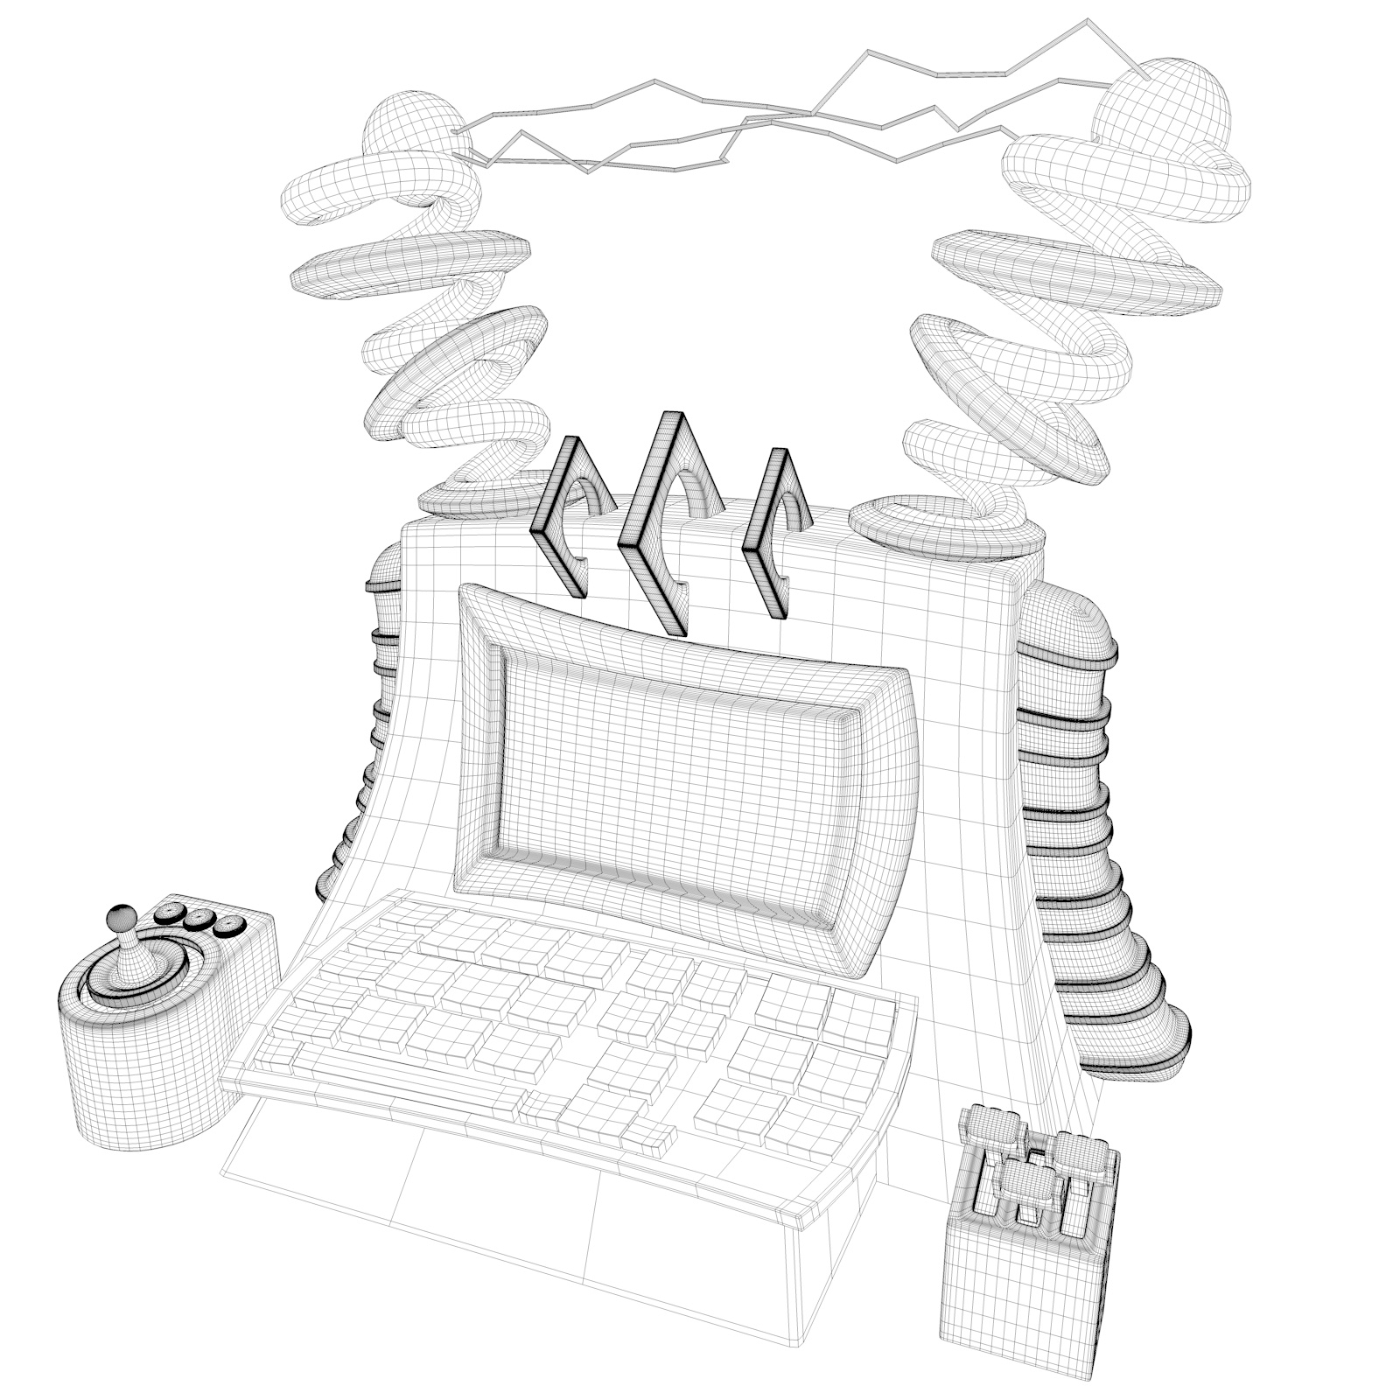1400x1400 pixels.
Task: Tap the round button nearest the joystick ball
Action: tap(169, 913)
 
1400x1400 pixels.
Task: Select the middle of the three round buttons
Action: tap(199, 919)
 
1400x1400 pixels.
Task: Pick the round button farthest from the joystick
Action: tap(230, 924)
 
